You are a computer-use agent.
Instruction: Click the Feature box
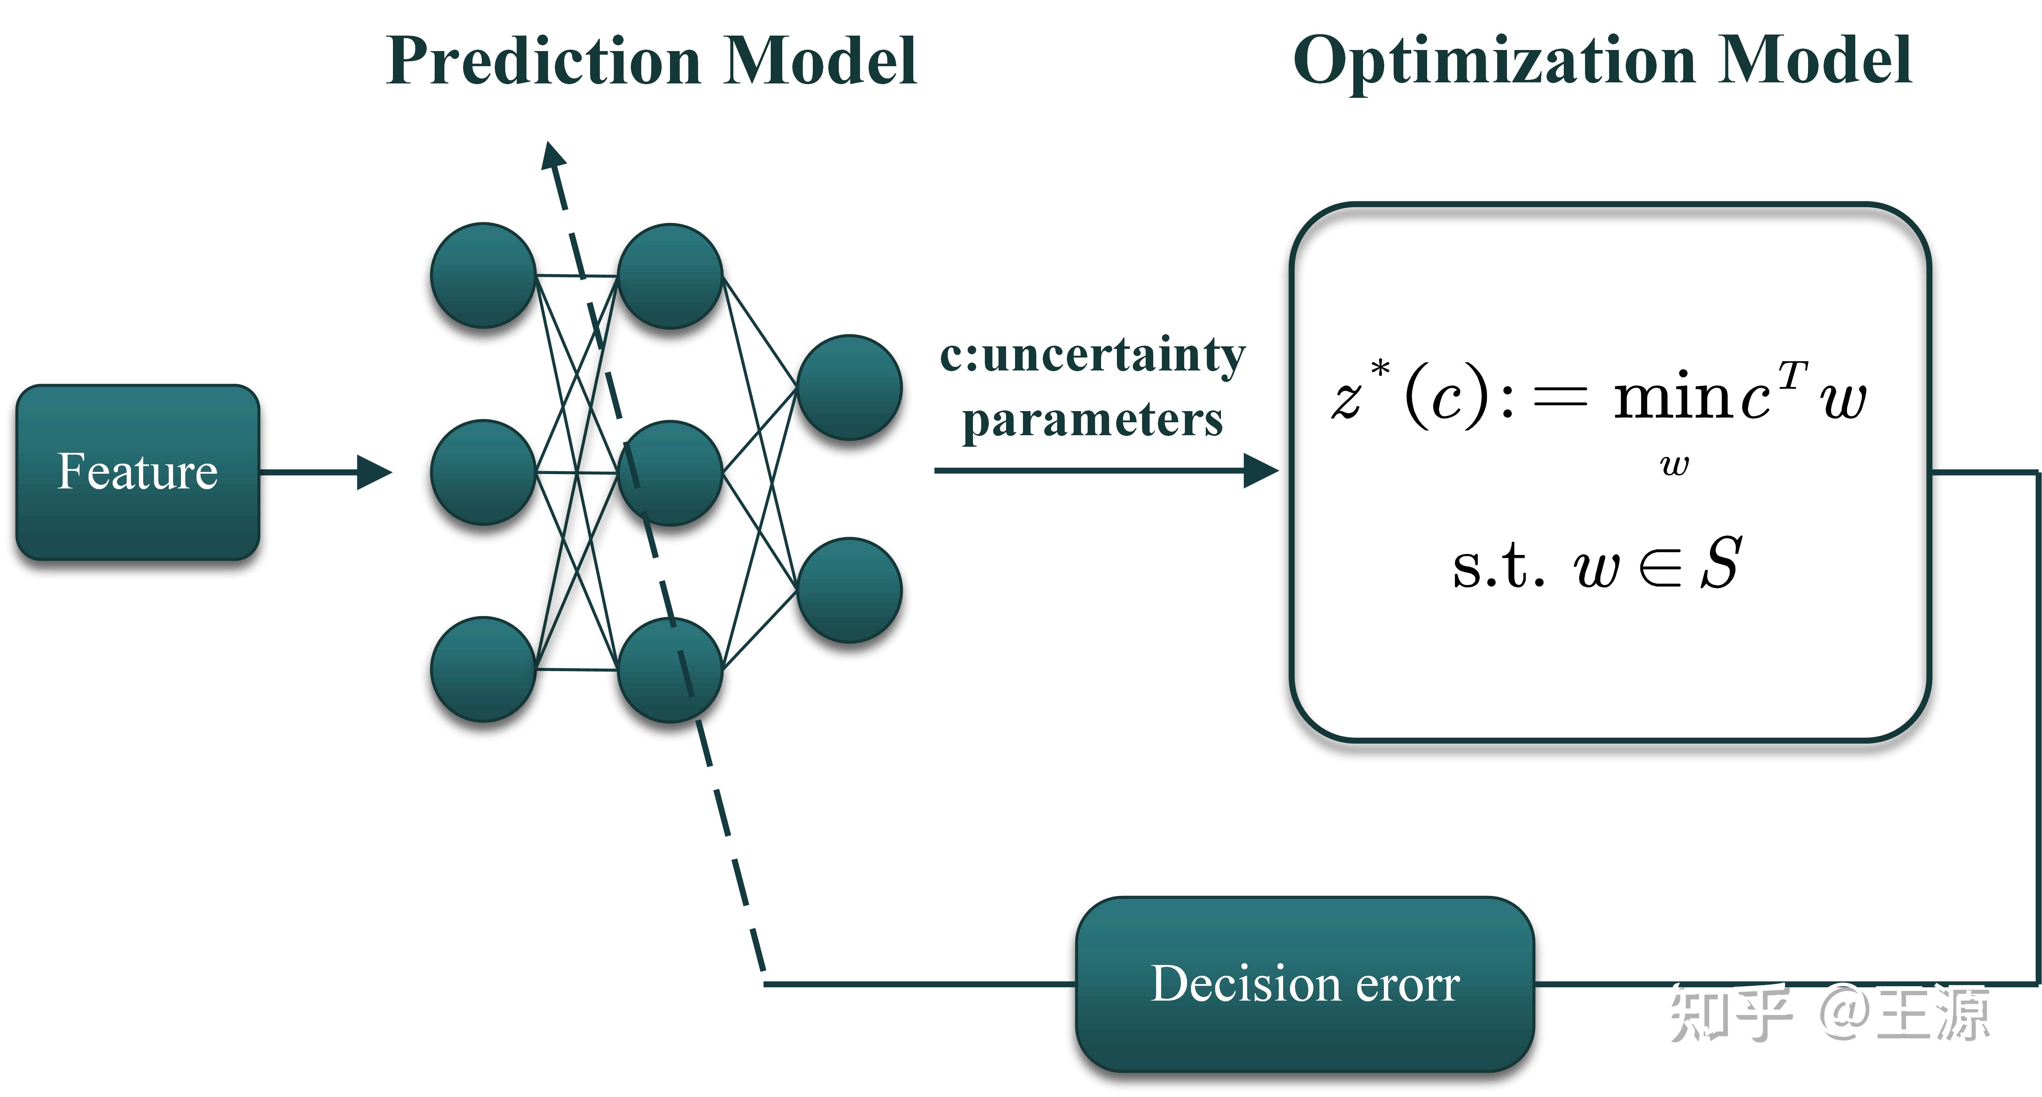pyautogui.click(x=137, y=472)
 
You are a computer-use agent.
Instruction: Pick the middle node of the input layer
pyautogui.click(x=483, y=472)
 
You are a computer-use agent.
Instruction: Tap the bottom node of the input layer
pyautogui.click(x=483, y=669)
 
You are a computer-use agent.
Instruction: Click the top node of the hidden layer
pyautogui.click(x=670, y=276)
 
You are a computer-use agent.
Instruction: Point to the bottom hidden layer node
pyautogui.click(x=670, y=670)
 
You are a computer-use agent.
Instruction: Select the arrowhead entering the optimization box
pyautogui.click(x=1260, y=471)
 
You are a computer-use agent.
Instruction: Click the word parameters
pyautogui.click(x=1092, y=420)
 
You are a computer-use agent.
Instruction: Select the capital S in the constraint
pyautogui.click(x=1720, y=564)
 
